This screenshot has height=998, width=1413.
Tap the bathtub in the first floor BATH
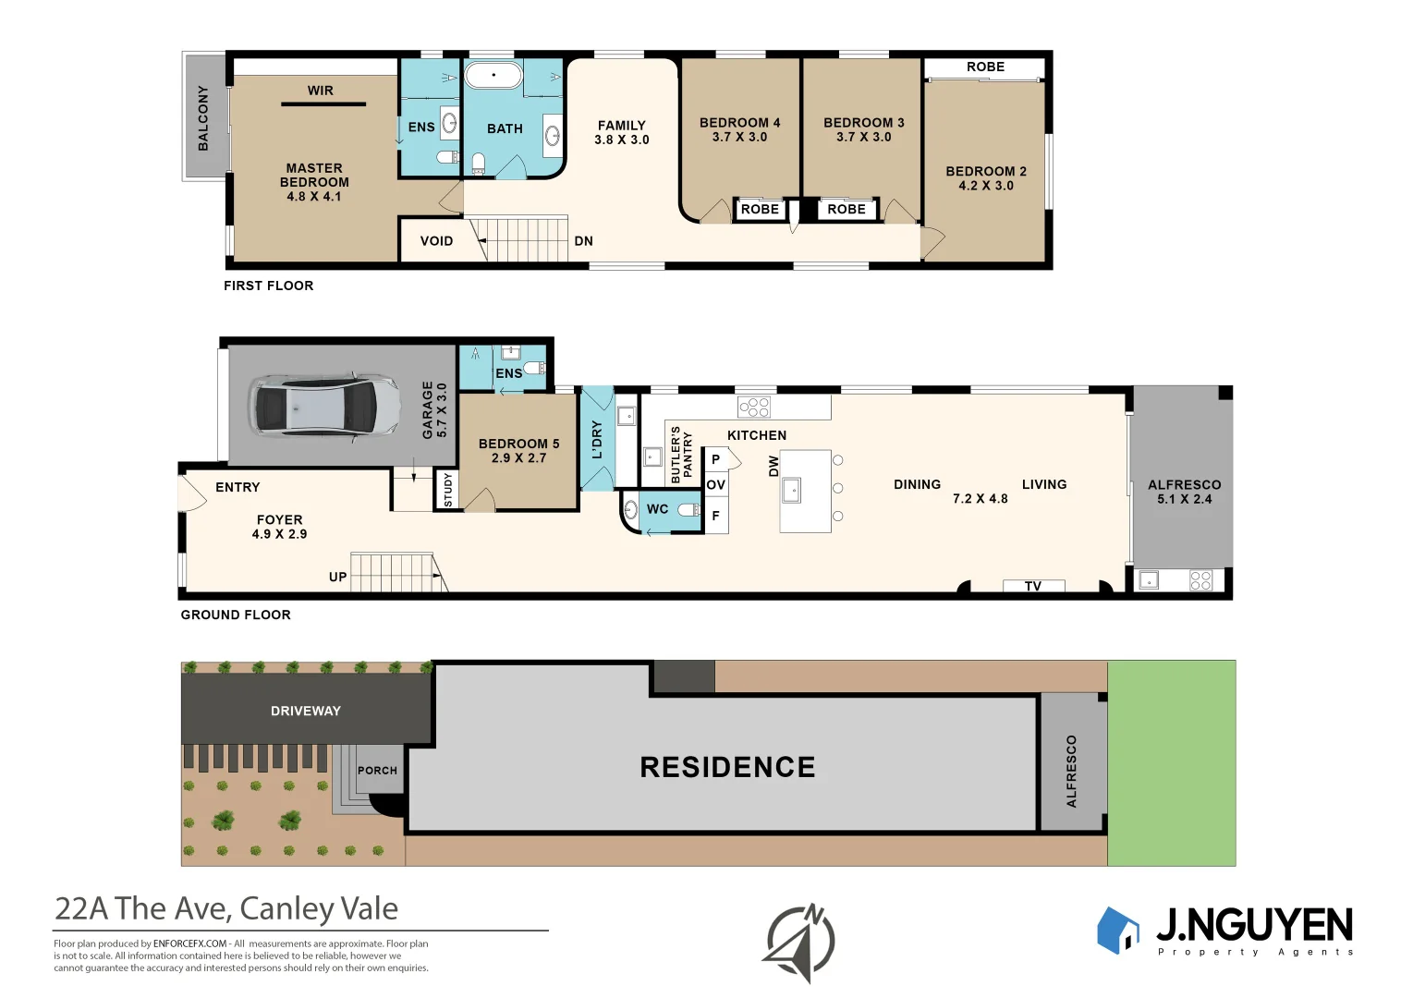493,75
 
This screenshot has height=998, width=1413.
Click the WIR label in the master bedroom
321,91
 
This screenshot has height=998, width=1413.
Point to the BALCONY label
203,117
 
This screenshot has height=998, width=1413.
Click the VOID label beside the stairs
436,241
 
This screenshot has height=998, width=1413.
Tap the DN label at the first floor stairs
583,241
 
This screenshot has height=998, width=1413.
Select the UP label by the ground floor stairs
337,577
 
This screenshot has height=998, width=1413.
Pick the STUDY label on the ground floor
448,490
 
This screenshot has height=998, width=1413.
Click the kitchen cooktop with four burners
753,407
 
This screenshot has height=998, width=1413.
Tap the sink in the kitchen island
791,490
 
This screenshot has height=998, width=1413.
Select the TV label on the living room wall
1033,586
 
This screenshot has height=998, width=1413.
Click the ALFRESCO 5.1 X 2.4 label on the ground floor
1184,492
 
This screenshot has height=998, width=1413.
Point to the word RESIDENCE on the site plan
727,767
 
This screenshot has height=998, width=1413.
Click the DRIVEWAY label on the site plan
306,711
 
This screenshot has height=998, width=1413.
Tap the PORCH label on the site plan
377,770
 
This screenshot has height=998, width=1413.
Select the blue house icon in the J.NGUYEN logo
1117,930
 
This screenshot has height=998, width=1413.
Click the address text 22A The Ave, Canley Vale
226,908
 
